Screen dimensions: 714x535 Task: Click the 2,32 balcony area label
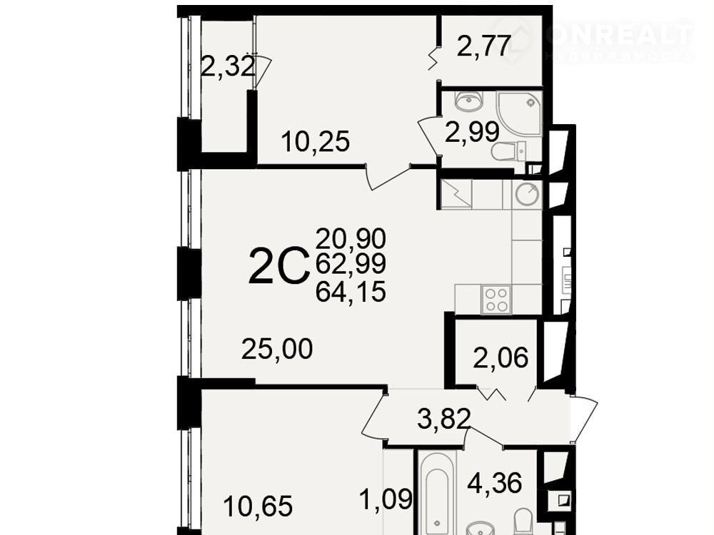(227, 66)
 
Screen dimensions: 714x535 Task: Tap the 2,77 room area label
(483, 46)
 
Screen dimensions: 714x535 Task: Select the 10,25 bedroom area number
(316, 141)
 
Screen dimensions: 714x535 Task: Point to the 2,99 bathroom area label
(472, 133)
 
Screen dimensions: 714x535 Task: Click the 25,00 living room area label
(277, 349)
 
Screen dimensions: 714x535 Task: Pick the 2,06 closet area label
(501, 357)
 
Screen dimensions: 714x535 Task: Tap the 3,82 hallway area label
(444, 419)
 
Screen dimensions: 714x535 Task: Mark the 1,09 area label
(386, 499)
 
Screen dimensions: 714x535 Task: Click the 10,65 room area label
(258, 506)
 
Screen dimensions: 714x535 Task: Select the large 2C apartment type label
(276, 265)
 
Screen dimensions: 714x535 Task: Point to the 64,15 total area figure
(351, 292)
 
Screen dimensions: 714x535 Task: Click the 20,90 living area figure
(351, 238)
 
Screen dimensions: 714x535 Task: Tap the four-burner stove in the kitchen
(496, 300)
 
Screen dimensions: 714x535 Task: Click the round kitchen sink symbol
(527, 194)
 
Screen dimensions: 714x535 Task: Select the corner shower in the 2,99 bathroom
(519, 113)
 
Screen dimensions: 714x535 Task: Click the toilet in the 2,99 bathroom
(509, 151)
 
